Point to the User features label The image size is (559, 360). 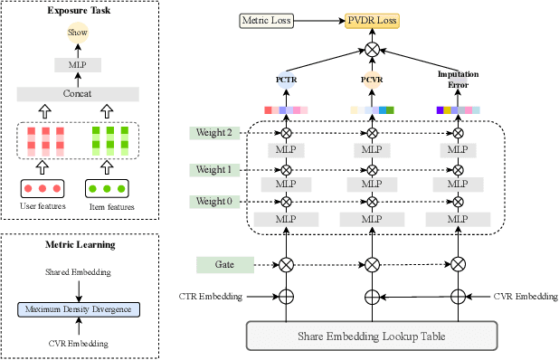pyautogui.click(x=40, y=207)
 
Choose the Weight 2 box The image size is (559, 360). pyautogui.click(x=213, y=133)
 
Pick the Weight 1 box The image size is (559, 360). pyautogui.click(x=213, y=169)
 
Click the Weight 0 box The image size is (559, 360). pyautogui.click(x=213, y=201)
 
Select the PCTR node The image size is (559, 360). pyautogui.click(x=286, y=80)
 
